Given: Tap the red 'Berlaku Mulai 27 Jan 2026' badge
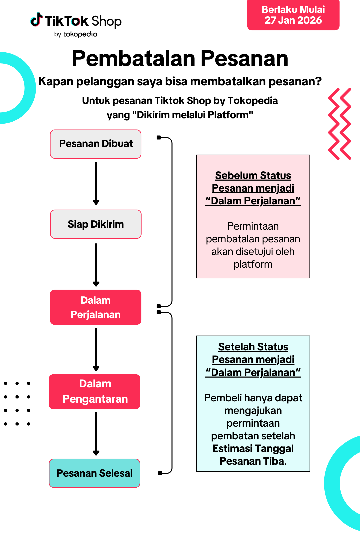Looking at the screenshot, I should click(293, 15).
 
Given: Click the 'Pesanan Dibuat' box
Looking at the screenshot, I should click(96, 144).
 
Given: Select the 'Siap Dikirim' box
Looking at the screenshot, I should click(96, 224).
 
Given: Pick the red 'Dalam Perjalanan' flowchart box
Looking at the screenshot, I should click(96, 307).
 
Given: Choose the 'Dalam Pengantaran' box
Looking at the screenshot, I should click(95, 392).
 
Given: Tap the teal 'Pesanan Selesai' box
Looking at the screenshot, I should click(95, 473).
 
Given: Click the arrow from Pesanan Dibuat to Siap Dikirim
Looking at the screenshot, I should click(96, 183).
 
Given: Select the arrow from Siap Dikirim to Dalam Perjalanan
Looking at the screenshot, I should click(96, 265).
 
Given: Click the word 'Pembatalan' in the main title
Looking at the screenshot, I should click(133, 59).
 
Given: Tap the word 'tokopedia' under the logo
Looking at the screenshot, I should click(80, 34).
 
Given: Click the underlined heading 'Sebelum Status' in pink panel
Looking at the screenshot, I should click(253, 175).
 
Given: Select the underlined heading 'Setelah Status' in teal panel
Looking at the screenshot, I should click(253, 347).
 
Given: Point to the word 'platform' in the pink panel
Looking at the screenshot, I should click(253, 264).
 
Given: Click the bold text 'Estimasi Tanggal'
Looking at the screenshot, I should click(253, 449).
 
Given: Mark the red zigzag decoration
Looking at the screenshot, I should click(340, 124).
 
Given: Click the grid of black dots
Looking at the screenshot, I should click(17, 404).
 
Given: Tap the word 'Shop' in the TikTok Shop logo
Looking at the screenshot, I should click(107, 21).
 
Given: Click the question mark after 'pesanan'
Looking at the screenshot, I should click(318, 81).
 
